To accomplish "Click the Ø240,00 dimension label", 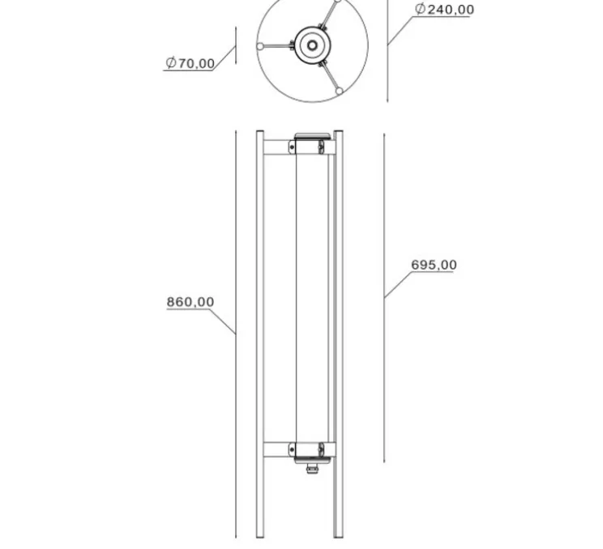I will click(444, 10).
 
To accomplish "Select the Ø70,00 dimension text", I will click(190, 63).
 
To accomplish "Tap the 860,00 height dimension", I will click(190, 302).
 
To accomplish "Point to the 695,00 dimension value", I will click(434, 265).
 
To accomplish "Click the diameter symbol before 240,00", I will click(420, 9).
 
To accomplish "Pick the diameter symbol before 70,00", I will click(171, 63).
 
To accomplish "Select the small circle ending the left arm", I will click(260, 46).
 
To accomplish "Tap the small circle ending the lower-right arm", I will click(340, 91).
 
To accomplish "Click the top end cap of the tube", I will click(312, 136).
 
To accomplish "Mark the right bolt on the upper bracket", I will click(322, 147).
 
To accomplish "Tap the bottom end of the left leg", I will click(260, 535).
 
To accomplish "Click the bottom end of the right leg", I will click(339, 535).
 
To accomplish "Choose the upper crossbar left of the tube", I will click(276, 147).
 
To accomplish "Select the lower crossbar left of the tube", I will click(276, 449).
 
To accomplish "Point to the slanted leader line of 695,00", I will click(397, 284).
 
